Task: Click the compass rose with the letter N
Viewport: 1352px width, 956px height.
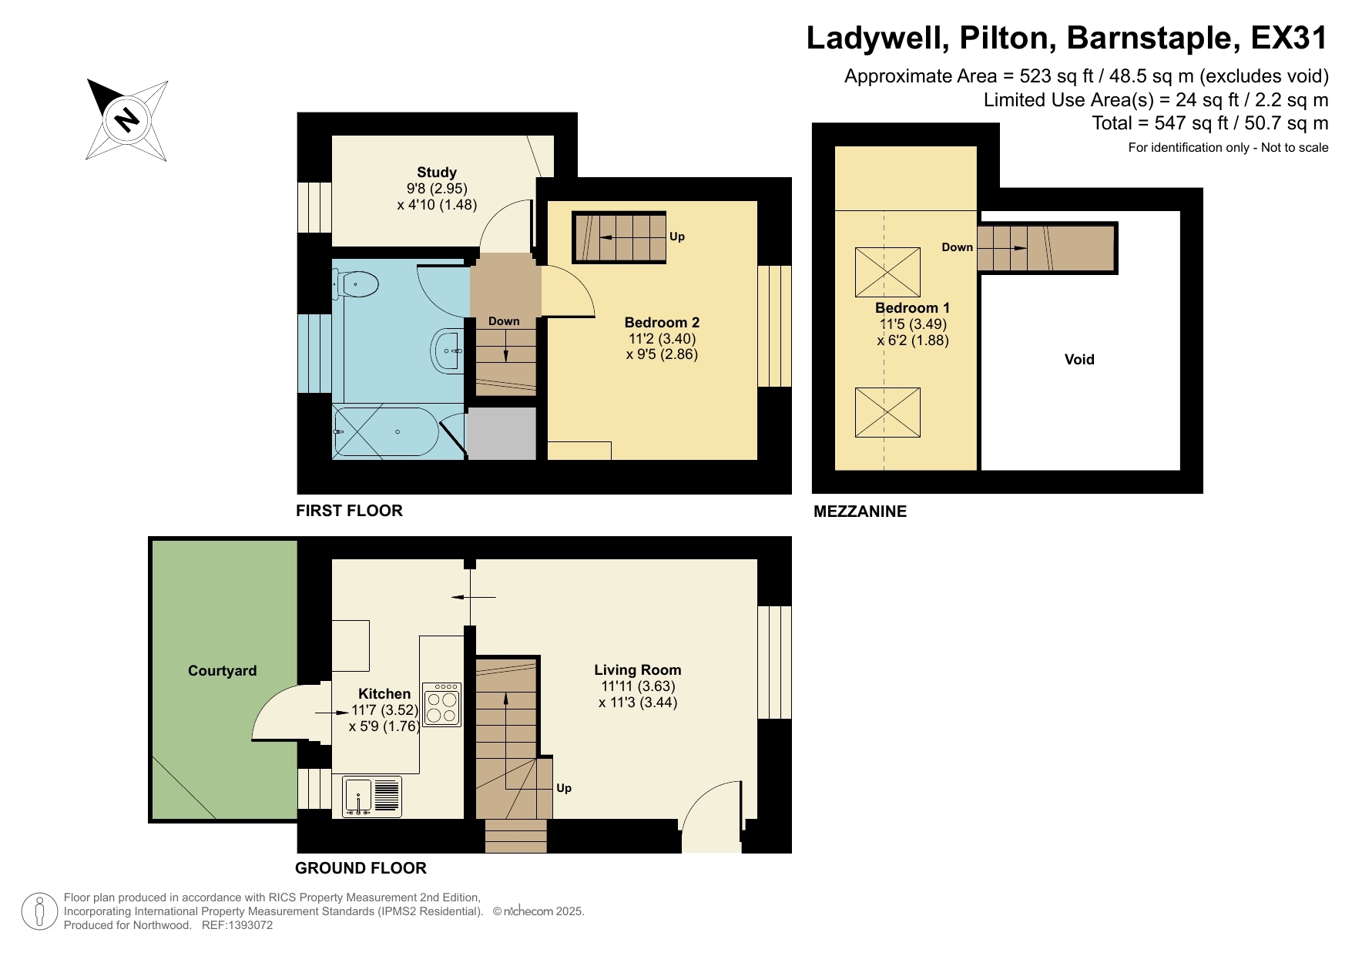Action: point(127,120)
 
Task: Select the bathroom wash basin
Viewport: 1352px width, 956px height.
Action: point(448,351)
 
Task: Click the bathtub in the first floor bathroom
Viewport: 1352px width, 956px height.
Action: point(385,432)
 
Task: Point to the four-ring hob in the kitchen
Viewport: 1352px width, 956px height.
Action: point(441,705)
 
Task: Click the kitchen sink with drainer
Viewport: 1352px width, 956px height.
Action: point(372,797)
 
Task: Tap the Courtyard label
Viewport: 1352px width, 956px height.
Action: point(222,671)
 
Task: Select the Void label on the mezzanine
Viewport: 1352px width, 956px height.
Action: point(1079,359)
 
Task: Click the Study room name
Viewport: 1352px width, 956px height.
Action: point(437,173)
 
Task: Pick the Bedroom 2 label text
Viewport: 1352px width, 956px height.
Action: point(662,323)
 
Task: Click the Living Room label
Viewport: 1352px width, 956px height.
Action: point(637,670)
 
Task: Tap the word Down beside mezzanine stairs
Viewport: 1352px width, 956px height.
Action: point(957,247)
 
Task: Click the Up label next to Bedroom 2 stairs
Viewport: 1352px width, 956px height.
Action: point(676,236)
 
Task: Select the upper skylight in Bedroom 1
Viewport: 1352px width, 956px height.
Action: point(887,272)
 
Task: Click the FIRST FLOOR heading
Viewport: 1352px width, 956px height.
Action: point(349,511)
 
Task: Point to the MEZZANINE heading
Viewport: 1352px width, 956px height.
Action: point(860,512)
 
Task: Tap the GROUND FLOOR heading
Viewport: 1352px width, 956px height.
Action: point(361,868)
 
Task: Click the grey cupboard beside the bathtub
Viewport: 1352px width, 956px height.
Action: point(502,434)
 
